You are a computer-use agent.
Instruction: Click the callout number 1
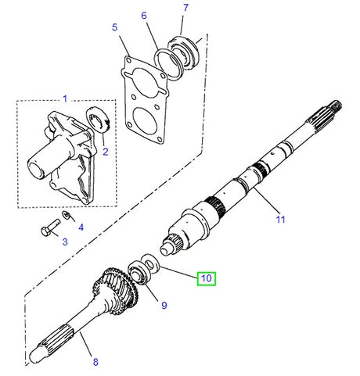[x=65, y=98]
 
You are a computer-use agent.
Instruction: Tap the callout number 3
[x=65, y=242]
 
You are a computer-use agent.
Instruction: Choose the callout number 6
[x=143, y=15]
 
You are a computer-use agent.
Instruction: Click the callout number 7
[x=185, y=9]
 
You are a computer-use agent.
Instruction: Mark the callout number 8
[x=95, y=361]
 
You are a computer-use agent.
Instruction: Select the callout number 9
[x=164, y=305]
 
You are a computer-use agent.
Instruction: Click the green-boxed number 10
[x=206, y=277]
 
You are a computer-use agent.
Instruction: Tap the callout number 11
[x=279, y=220]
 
